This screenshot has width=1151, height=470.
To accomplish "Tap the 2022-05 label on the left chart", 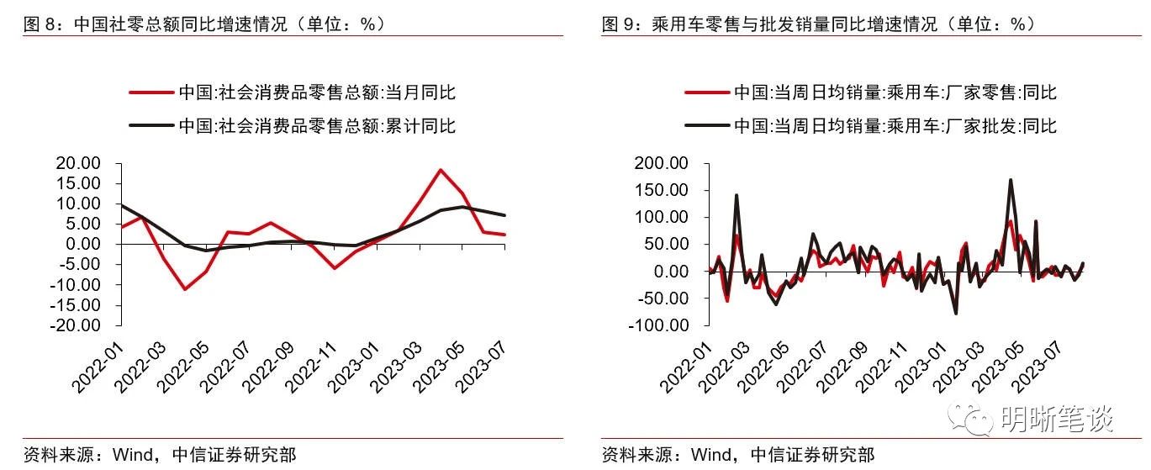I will pyautogui.click(x=180, y=362).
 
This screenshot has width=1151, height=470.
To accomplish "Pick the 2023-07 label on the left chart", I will pyautogui.click(x=478, y=362).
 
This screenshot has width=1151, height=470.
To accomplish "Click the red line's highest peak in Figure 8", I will pyautogui.click(x=440, y=170).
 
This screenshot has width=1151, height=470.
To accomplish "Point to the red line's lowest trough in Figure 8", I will pyautogui.click(x=185, y=289).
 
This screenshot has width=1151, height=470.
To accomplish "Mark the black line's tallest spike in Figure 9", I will pyautogui.click(x=1010, y=179).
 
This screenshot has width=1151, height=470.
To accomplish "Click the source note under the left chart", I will pyautogui.click(x=160, y=455).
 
